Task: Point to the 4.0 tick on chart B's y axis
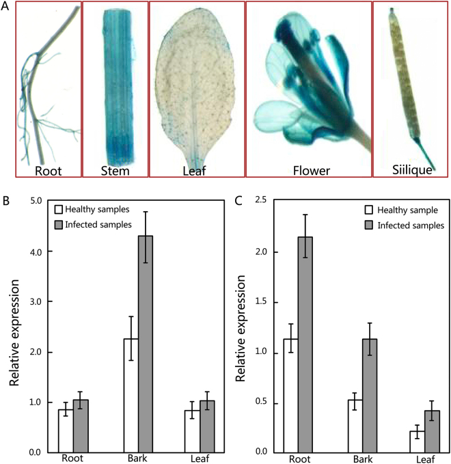click(35, 251)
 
